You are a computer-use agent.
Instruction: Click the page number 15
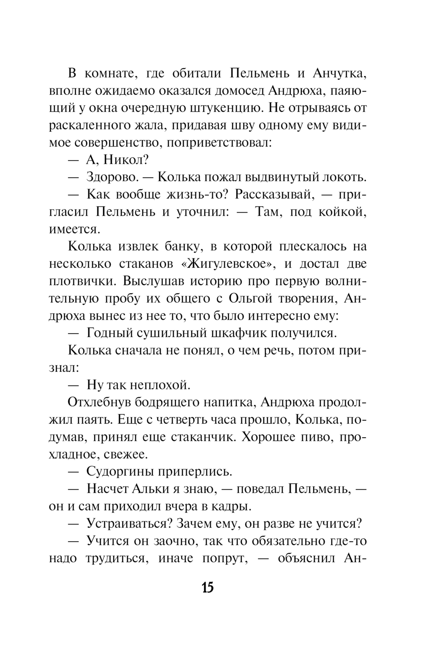point(208,587)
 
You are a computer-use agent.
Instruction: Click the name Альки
point(157,489)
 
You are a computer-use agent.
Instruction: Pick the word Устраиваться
point(124,524)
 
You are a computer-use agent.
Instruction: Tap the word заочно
point(172,541)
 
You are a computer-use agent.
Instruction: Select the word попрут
point(223,558)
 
